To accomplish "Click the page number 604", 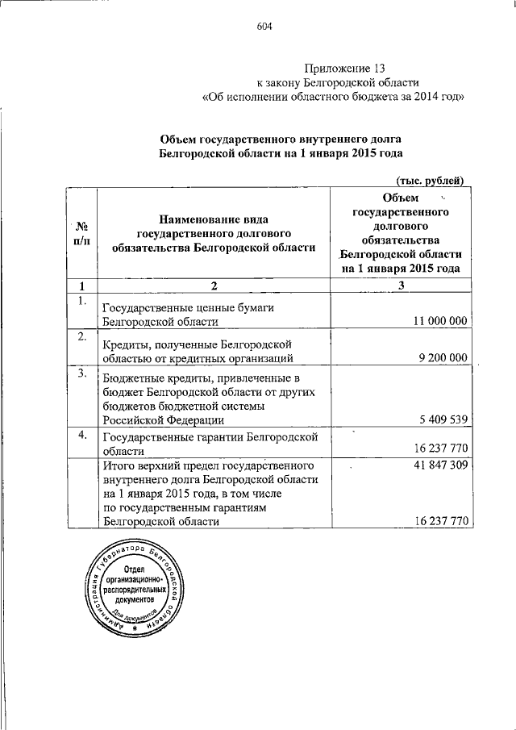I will (x=265, y=26).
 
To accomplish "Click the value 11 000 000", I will (x=439, y=321).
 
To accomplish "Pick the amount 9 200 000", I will (x=443, y=358).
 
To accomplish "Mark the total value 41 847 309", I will (x=439, y=466).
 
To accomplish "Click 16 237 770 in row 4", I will (x=439, y=452).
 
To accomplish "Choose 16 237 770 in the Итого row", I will (x=439, y=522).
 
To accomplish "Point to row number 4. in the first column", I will (x=81, y=435).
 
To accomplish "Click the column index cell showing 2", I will (x=214, y=286).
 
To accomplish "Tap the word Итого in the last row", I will (x=120, y=466).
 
